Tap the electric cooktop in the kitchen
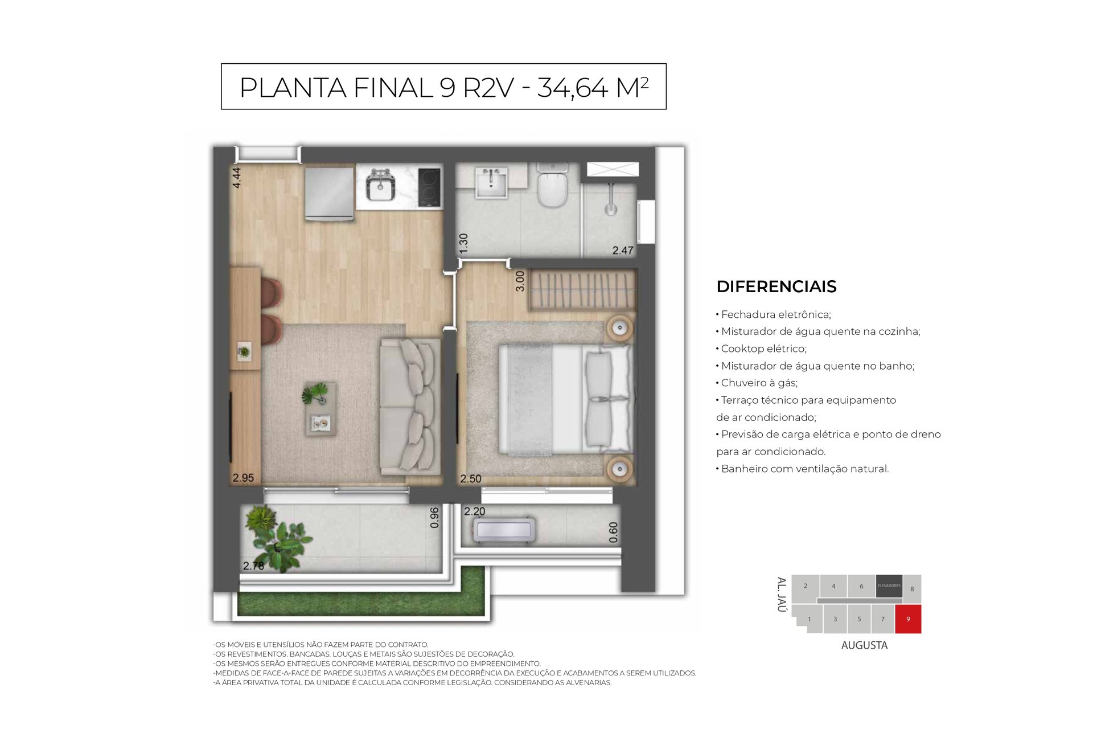(x=429, y=187)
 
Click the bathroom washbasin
(x=491, y=182)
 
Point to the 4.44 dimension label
(x=237, y=177)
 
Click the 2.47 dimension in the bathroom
(x=623, y=250)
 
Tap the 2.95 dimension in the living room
(x=243, y=478)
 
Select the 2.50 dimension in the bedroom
(x=471, y=479)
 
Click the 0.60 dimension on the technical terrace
(x=613, y=533)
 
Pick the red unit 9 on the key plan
(x=908, y=619)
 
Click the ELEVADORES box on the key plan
(x=889, y=586)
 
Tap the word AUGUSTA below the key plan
(x=864, y=645)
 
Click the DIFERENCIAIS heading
(x=776, y=286)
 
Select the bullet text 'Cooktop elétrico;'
(x=763, y=349)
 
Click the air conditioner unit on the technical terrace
(x=504, y=530)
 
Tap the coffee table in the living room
(x=320, y=409)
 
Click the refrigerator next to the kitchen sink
(x=330, y=193)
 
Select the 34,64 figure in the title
(x=573, y=88)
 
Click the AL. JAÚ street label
(x=782, y=595)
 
